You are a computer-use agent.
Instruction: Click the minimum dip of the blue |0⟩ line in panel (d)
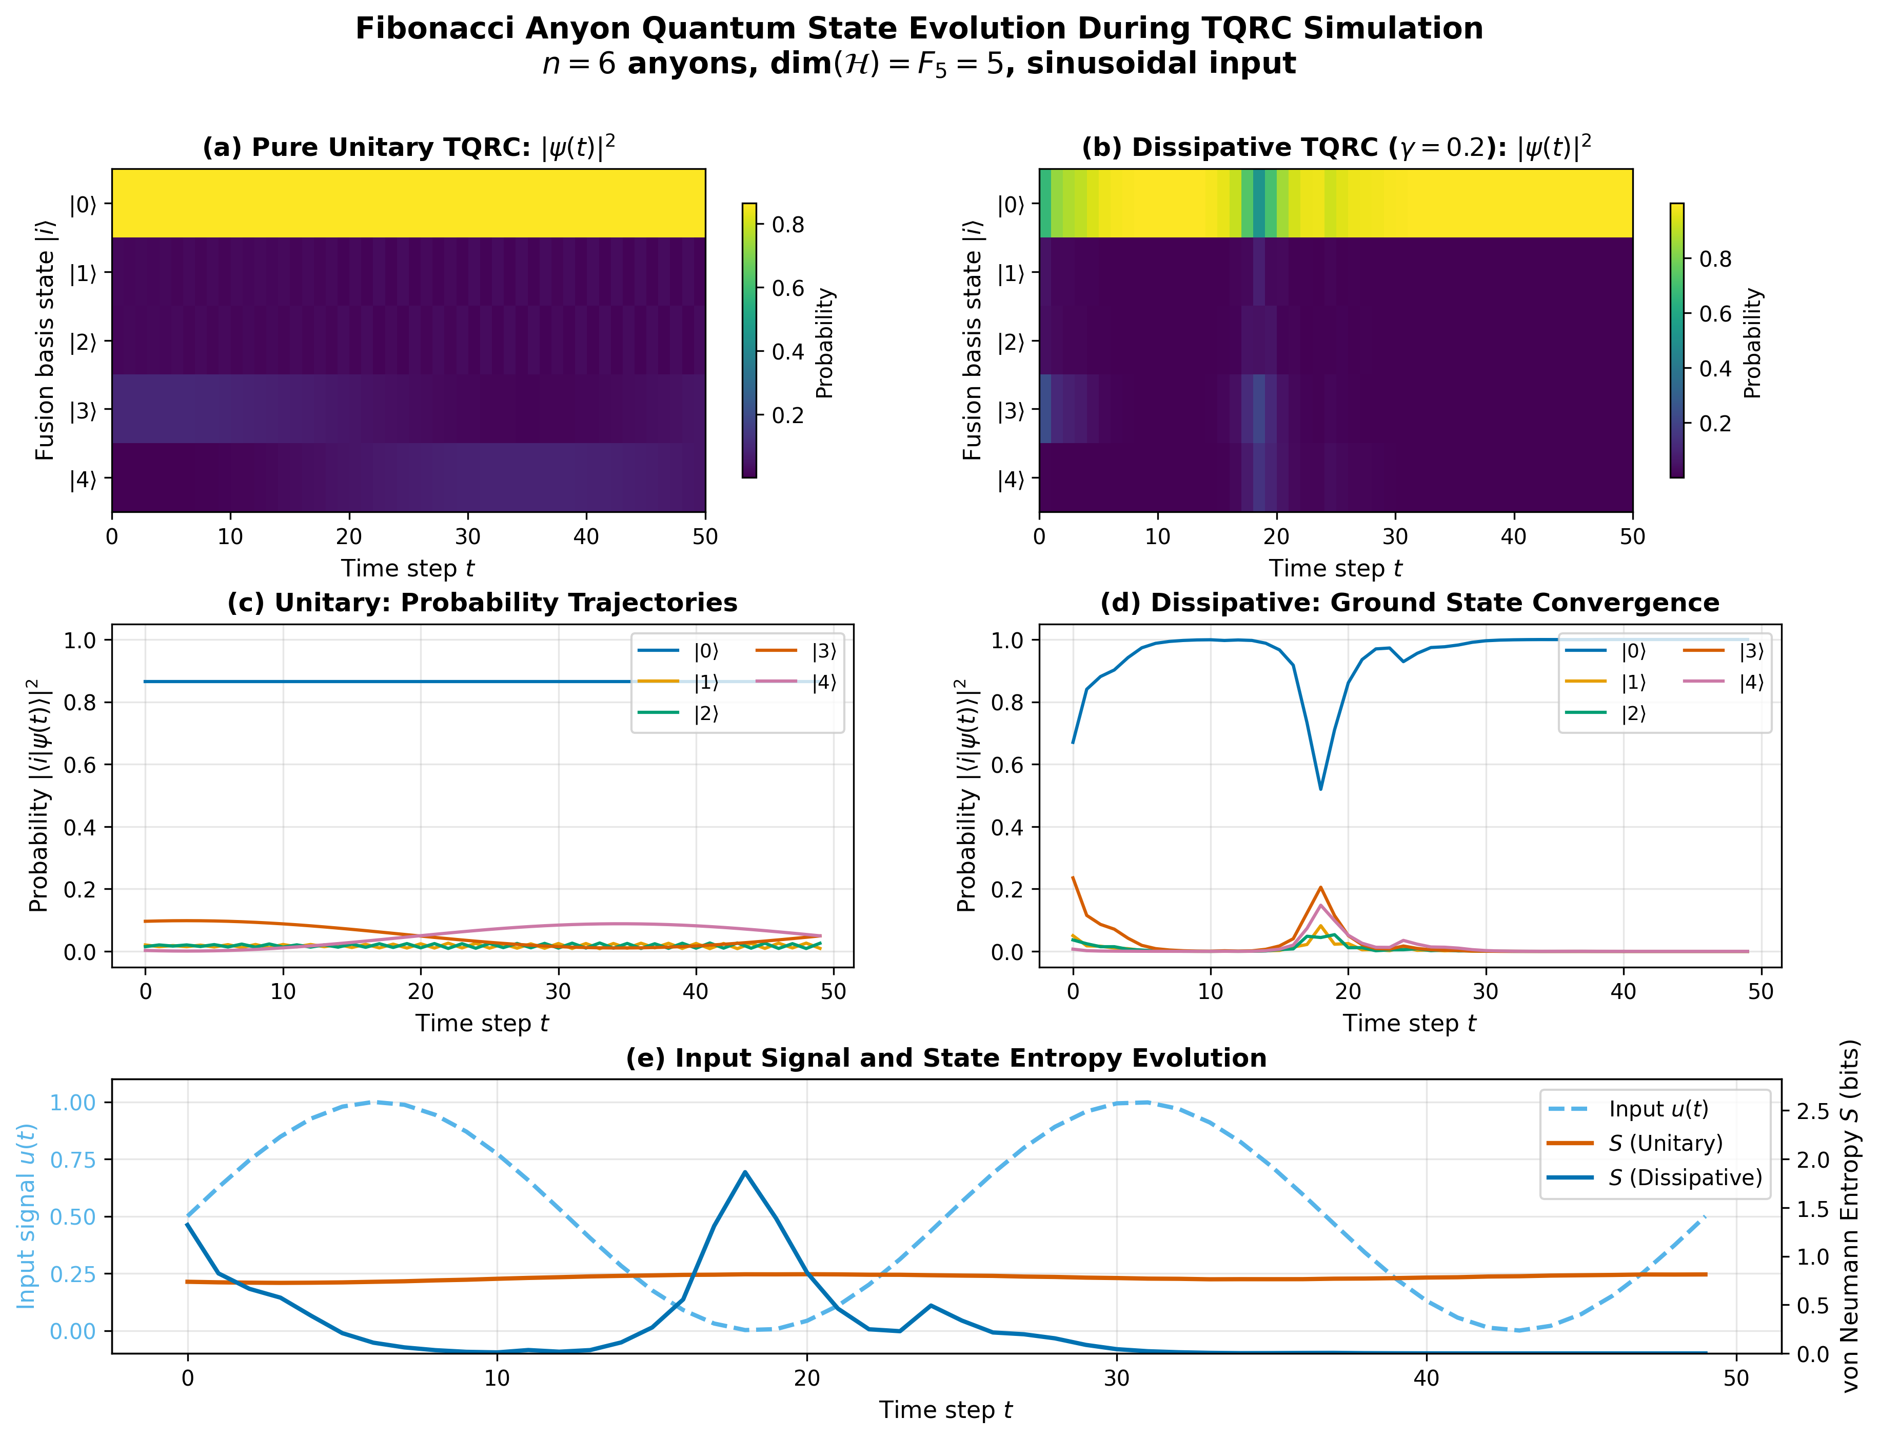click(x=1320, y=789)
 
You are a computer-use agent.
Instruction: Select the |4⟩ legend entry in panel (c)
click(x=823, y=683)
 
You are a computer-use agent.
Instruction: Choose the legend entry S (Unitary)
click(x=1665, y=1144)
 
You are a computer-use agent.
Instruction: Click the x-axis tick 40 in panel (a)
click(x=586, y=537)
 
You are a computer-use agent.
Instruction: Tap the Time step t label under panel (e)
click(x=945, y=1410)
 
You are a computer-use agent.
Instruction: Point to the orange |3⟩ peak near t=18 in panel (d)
click(x=1320, y=887)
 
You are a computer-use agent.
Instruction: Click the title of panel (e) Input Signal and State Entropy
click(x=945, y=1058)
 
